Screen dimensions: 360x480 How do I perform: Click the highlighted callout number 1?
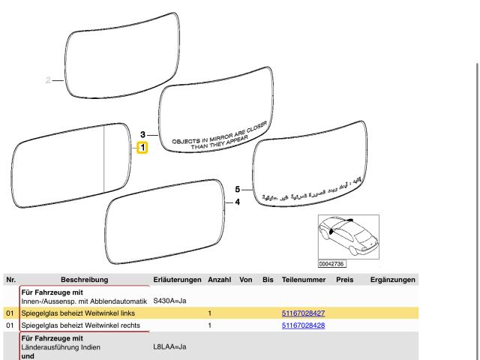point(142,148)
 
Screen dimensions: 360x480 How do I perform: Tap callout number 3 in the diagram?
point(143,134)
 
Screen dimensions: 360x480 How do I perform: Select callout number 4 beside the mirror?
point(238,202)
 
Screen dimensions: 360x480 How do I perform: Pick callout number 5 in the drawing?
point(238,190)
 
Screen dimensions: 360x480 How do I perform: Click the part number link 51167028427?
point(303,312)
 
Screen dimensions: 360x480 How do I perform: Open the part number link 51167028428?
point(303,325)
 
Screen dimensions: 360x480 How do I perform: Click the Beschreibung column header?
point(84,280)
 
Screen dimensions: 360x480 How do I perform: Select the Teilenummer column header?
point(303,280)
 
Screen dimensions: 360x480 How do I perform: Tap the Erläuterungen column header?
point(177,280)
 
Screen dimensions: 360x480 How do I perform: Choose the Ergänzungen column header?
point(393,280)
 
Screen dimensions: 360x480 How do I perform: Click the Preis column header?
point(345,280)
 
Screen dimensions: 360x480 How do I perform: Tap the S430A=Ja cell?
point(169,301)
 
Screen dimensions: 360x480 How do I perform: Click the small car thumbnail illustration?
point(347,235)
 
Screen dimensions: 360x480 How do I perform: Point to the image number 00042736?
point(331,264)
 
